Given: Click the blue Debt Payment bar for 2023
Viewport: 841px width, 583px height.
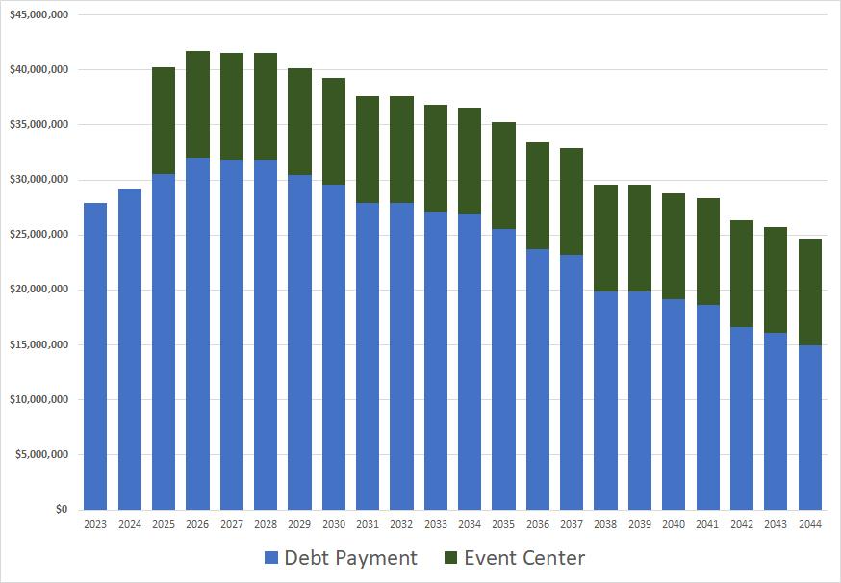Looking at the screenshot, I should pos(95,356).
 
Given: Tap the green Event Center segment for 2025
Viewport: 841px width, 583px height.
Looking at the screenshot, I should pos(164,120).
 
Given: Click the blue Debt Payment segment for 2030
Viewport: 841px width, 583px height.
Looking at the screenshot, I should pos(334,346).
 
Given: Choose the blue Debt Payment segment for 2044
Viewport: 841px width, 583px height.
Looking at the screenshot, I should pos(810,427).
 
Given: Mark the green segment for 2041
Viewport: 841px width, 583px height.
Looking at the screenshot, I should pos(708,251).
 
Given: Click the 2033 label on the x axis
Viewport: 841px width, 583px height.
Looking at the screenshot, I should pos(436,524).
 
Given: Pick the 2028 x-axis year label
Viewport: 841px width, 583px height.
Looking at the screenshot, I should pos(266,524).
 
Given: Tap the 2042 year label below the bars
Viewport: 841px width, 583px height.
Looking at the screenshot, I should pos(742,524).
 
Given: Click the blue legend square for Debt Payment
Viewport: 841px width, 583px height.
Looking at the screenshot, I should pos(270,559).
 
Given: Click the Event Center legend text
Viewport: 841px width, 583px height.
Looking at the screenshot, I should pos(524,559).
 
